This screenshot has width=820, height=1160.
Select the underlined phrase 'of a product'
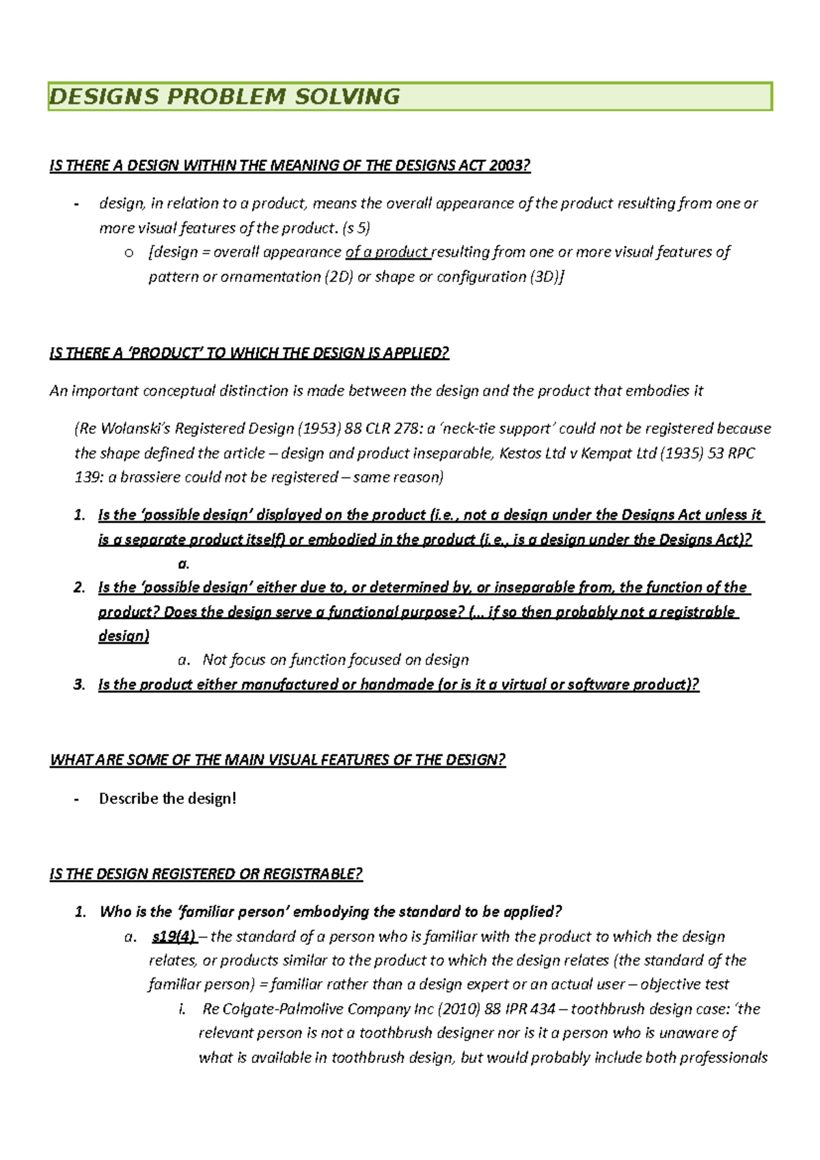click(x=387, y=252)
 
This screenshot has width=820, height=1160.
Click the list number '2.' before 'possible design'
click(x=79, y=588)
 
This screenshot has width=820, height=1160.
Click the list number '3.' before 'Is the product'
click(x=79, y=685)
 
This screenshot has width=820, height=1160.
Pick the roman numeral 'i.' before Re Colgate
click(x=181, y=1009)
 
